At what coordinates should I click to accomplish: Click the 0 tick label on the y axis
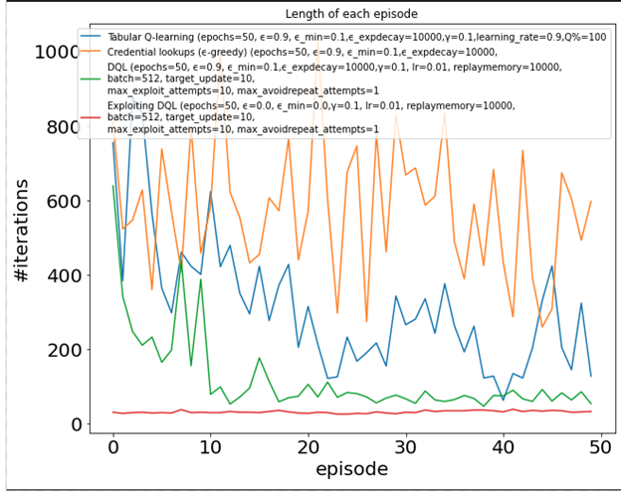pos(73,424)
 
